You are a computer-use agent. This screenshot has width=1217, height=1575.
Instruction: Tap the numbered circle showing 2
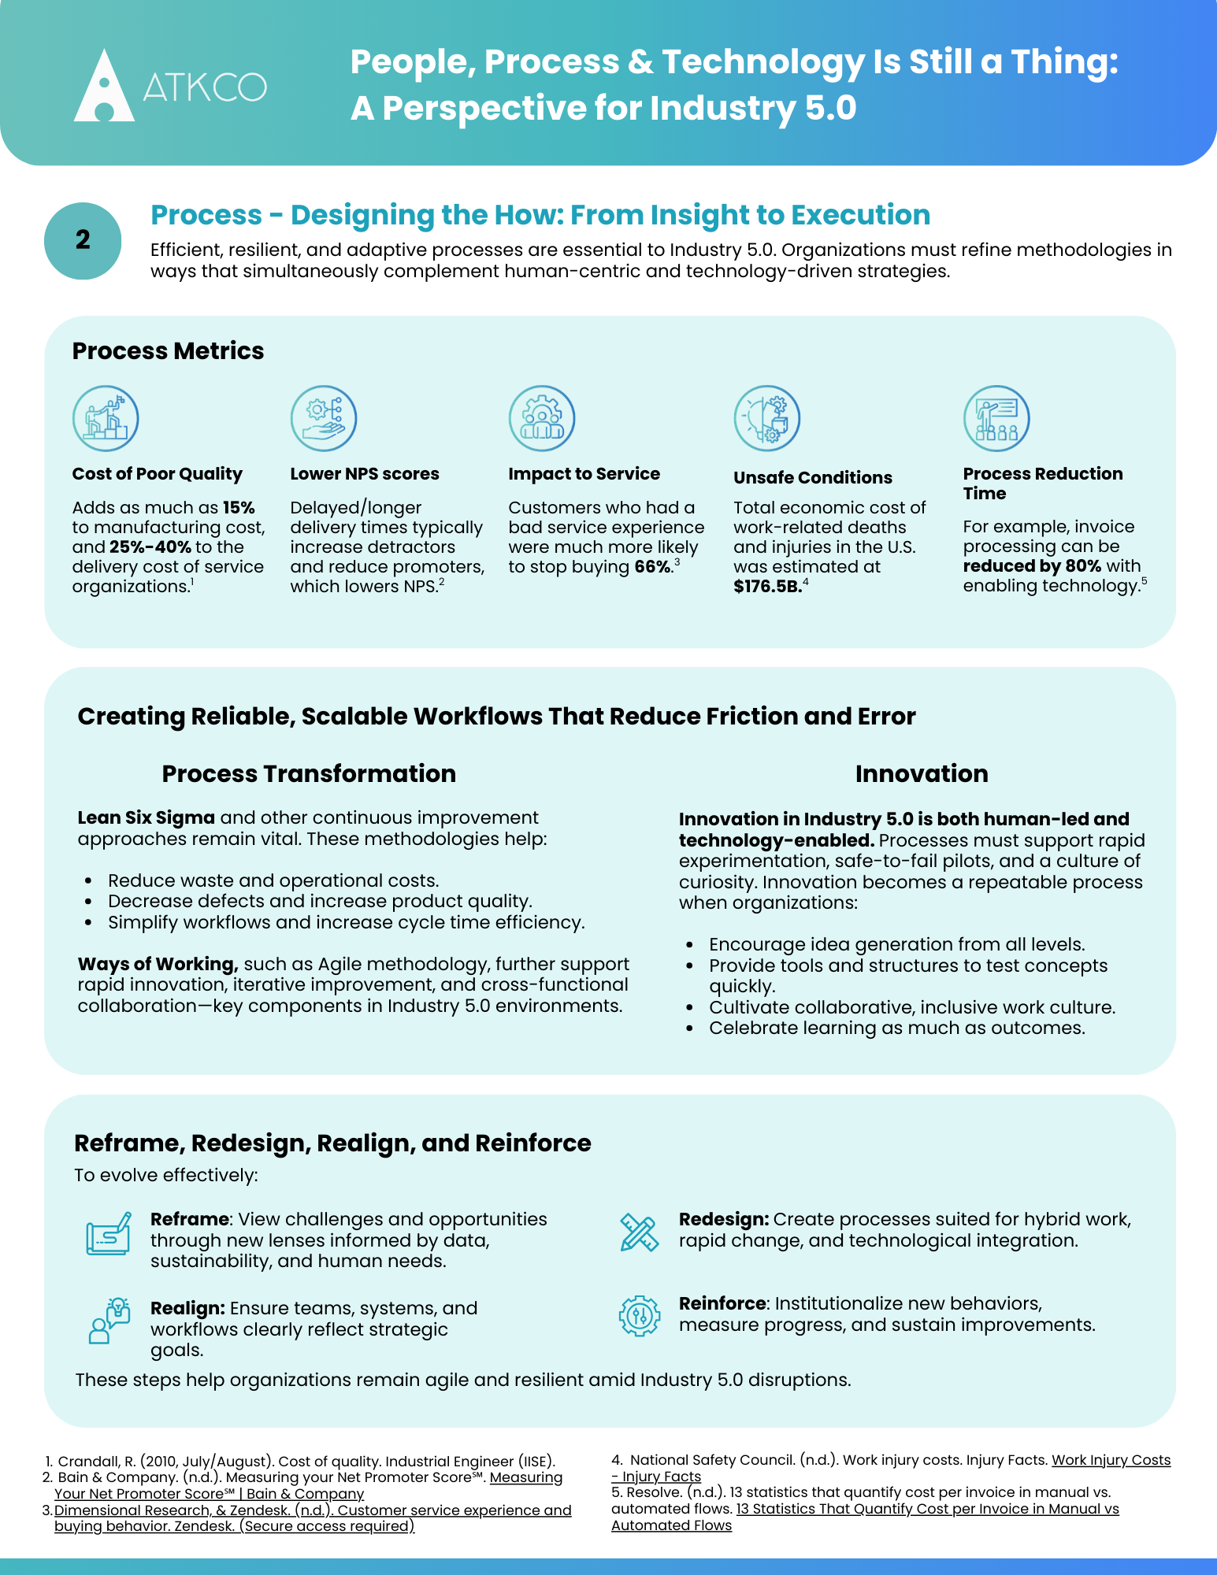coord(83,240)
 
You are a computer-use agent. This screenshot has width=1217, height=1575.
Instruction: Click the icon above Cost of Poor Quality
coord(106,418)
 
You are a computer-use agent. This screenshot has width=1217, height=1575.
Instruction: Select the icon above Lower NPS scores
coord(324,418)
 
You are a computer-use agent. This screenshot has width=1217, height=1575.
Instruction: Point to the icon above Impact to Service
coord(542,418)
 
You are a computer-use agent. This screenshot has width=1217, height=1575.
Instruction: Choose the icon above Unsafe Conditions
coord(767,418)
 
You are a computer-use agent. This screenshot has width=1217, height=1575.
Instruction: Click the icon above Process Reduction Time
coord(996,418)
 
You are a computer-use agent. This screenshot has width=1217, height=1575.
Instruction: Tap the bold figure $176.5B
coord(766,587)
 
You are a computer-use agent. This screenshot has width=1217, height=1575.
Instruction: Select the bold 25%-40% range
coord(150,547)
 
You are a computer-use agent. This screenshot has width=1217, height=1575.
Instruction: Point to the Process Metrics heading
coord(168,351)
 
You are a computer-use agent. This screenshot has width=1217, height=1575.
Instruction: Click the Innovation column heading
coord(922,774)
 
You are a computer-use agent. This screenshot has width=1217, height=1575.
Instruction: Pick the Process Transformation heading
coord(309,774)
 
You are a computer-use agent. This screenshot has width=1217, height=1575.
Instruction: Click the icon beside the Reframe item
coord(108,1234)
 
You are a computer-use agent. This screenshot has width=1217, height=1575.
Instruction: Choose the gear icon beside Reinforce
coord(639,1315)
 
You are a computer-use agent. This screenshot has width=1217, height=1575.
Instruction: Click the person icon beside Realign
coord(108,1321)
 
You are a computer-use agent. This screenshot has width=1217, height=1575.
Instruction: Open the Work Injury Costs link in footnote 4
coord(1111,1461)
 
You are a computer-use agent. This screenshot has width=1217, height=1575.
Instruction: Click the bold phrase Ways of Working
coord(158,965)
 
